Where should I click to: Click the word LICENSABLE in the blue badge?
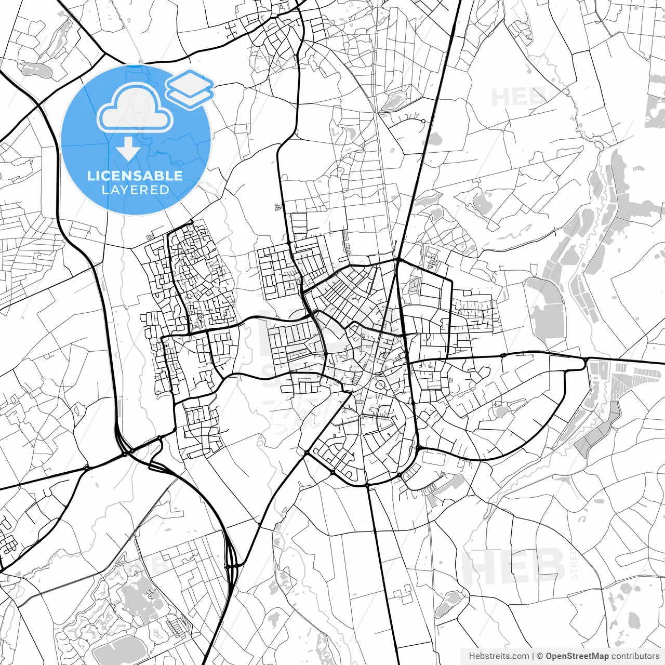coord(135,176)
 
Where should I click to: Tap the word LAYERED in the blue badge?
coord(135,190)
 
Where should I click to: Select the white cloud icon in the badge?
coord(135,108)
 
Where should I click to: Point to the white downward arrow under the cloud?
coord(128,150)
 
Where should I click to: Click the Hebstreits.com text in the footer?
coord(499,656)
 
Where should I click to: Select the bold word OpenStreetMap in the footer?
coord(577,656)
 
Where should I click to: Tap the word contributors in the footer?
coord(635,656)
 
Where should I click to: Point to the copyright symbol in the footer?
coord(540,656)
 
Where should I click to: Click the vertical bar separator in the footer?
coord(533,656)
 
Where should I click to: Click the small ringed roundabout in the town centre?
coord(381,385)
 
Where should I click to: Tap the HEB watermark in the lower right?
coord(513,566)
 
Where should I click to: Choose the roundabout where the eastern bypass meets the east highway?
coord(586,360)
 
